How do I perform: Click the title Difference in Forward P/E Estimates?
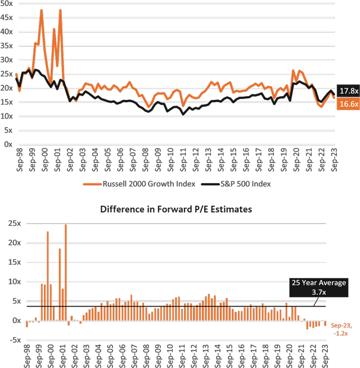pos(176,210)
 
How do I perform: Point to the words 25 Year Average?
pos(318,283)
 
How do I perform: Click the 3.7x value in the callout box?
pos(318,292)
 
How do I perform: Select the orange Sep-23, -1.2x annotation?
pos(340,329)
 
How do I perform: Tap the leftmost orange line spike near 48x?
pos(42,10)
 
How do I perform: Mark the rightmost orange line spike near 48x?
pos(60,10)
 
